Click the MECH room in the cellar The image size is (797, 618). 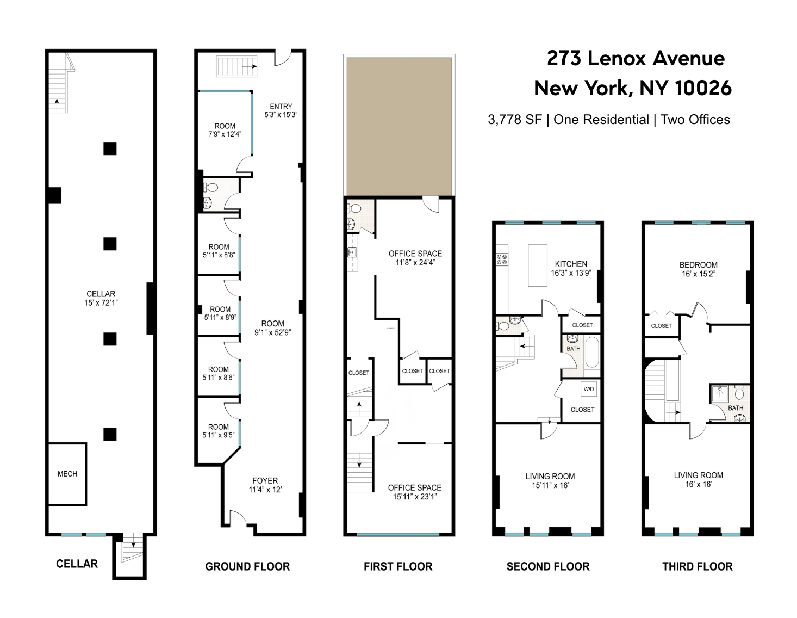[67, 474]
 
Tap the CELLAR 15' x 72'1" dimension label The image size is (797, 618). [101, 298]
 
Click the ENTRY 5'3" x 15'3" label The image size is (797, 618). [281, 110]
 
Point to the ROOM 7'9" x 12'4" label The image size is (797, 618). [225, 130]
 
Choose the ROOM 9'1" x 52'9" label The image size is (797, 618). [272, 327]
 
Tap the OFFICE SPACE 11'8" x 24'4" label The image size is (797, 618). [415, 258]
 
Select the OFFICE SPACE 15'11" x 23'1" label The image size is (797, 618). [414, 492]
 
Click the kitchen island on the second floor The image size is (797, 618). [538, 265]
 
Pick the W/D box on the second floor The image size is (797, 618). [589, 389]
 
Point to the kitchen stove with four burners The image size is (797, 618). [501, 259]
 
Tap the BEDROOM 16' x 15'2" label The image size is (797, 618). [698, 269]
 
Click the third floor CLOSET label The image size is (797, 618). [661, 326]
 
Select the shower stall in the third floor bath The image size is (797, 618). [719, 393]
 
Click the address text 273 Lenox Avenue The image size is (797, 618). [636, 58]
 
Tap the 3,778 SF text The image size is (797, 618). [514, 120]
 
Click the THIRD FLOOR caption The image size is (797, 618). [697, 567]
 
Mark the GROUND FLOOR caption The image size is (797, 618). [247, 567]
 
